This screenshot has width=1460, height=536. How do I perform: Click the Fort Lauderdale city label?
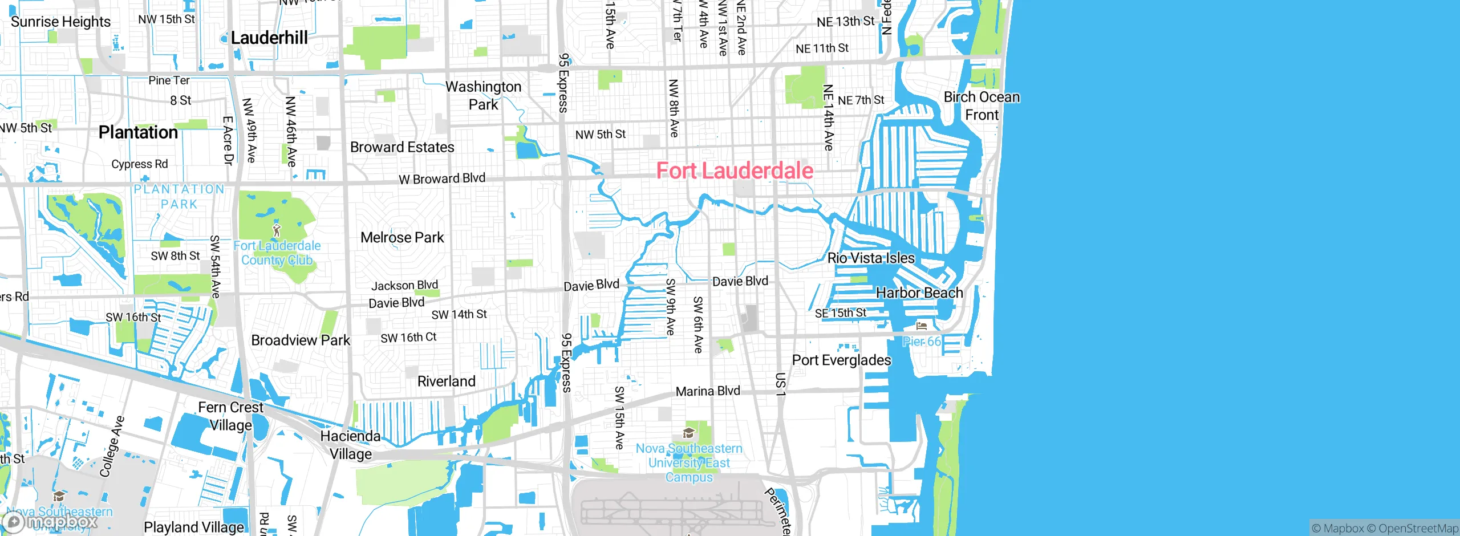click(735, 170)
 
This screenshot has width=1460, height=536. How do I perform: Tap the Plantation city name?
click(138, 132)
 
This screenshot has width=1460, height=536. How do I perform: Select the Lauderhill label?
click(269, 38)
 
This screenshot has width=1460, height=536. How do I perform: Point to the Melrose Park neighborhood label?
click(402, 237)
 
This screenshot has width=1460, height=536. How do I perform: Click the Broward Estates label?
click(402, 147)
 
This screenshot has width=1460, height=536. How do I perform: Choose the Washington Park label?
click(483, 95)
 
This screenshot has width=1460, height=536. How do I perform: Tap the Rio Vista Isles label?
click(871, 258)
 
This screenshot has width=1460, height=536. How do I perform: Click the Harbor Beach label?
click(919, 293)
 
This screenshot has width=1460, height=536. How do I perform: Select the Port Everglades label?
click(841, 360)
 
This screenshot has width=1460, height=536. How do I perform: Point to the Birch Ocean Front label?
click(982, 105)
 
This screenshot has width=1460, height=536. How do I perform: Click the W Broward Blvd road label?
click(442, 178)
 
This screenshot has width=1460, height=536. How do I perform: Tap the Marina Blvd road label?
click(708, 391)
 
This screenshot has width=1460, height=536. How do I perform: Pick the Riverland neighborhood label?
click(446, 381)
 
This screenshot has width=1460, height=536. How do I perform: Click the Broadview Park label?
click(301, 340)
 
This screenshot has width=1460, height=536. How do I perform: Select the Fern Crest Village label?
click(230, 416)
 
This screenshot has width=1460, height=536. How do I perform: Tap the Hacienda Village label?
click(350, 445)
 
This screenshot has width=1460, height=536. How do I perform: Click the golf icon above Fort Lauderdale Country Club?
click(277, 230)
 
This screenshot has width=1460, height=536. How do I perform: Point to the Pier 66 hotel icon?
click(922, 326)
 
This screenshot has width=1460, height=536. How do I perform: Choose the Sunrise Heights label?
click(60, 22)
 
